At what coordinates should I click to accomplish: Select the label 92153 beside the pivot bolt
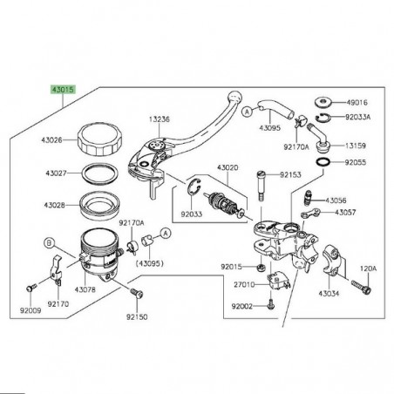pyautogui.click(x=291, y=174)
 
